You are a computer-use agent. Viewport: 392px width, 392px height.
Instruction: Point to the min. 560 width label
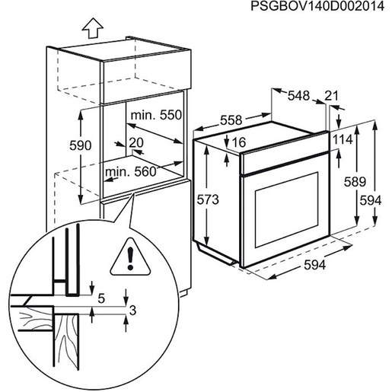[129, 171]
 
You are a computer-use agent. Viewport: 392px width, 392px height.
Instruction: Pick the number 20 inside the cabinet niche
[137, 142]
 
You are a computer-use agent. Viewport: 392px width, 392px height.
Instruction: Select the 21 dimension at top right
[331, 95]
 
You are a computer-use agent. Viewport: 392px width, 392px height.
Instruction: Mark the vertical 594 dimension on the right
[371, 200]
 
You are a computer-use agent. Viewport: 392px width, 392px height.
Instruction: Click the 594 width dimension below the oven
[315, 264]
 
